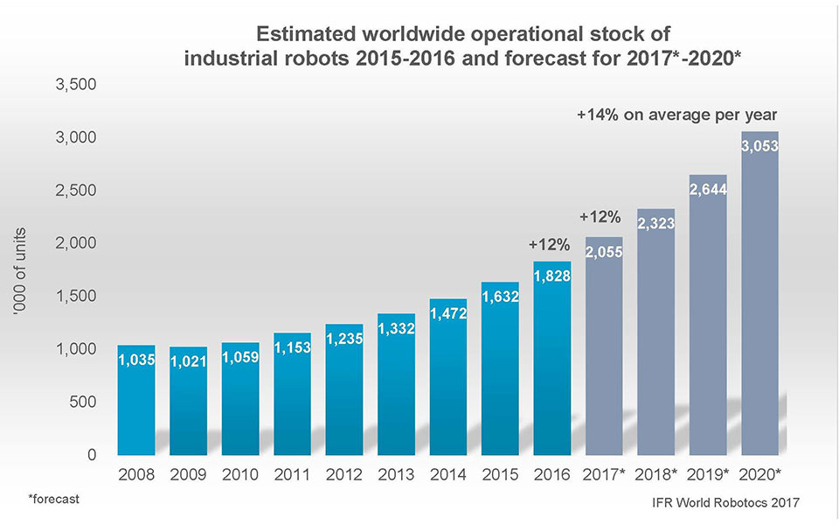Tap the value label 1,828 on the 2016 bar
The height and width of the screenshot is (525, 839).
[x=551, y=276]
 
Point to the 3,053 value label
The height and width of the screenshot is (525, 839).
[x=759, y=147]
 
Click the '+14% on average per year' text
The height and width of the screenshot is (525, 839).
[x=677, y=115]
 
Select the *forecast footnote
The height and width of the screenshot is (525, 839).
[x=53, y=499]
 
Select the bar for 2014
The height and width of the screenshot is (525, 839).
[x=448, y=377]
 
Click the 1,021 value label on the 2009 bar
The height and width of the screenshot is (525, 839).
[x=189, y=360]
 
